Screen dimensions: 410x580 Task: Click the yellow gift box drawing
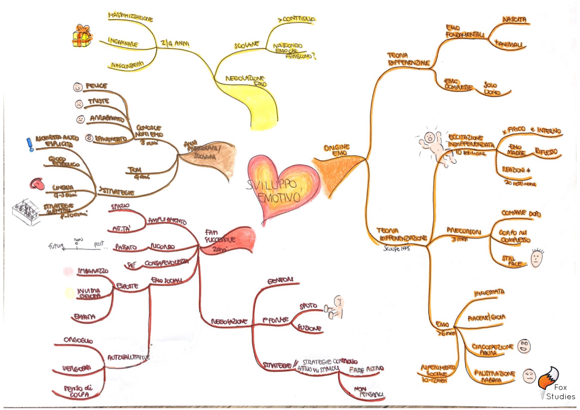[82, 36]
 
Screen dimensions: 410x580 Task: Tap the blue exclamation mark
[30, 144]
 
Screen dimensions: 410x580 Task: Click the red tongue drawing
[37, 184]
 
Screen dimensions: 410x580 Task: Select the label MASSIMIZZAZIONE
[130, 17]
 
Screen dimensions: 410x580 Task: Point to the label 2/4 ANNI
[175, 43]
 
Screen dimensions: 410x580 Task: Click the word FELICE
[96, 86]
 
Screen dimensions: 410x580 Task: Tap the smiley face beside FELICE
[78, 87]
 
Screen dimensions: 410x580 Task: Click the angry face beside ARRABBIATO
[80, 119]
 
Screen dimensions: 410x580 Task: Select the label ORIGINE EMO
[337, 150]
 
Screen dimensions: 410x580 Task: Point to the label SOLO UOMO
[492, 88]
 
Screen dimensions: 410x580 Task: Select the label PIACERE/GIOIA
[486, 318]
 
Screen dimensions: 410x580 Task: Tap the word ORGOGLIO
[78, 340]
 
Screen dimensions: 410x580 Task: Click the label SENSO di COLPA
[78, 391]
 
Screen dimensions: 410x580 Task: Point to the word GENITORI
[280, 280]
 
